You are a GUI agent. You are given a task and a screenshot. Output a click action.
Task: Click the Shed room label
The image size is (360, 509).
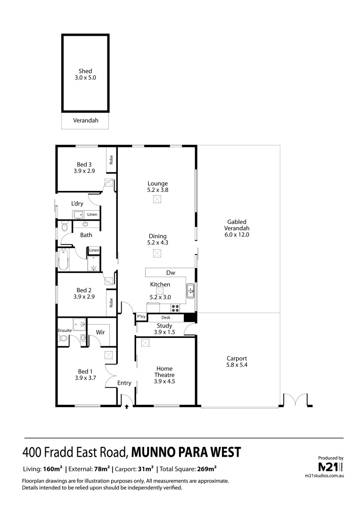[85, 71]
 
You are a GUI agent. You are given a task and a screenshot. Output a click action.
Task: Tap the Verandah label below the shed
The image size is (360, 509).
[85, 121]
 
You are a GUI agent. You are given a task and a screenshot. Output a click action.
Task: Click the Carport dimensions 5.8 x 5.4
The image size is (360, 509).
[237, 364]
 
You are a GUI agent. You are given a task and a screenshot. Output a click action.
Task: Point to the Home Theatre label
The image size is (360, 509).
[164, 372]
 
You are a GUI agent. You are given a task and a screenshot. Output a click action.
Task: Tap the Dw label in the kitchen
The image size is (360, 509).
[171, 273]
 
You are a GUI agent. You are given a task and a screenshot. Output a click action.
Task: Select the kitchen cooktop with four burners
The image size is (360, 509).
[175, 309]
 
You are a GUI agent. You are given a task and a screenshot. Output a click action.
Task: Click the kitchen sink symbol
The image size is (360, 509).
[190, 291]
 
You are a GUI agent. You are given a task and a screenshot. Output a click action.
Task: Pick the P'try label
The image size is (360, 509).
[141, 318]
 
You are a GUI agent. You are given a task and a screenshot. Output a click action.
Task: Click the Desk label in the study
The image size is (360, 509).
[165, 318]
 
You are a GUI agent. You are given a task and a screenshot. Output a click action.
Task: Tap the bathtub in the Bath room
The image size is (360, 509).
[64, 260]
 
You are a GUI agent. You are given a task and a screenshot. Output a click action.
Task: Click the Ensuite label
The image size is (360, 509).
[65, 330]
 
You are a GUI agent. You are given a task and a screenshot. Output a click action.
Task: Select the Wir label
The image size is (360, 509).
[100, 332]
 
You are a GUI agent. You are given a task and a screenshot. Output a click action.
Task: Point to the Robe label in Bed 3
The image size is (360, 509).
[111, 160]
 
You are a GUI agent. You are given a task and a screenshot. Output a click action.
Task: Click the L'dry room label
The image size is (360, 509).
[77, 204]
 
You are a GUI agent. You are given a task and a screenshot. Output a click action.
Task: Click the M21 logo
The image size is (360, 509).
[328, 467]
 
